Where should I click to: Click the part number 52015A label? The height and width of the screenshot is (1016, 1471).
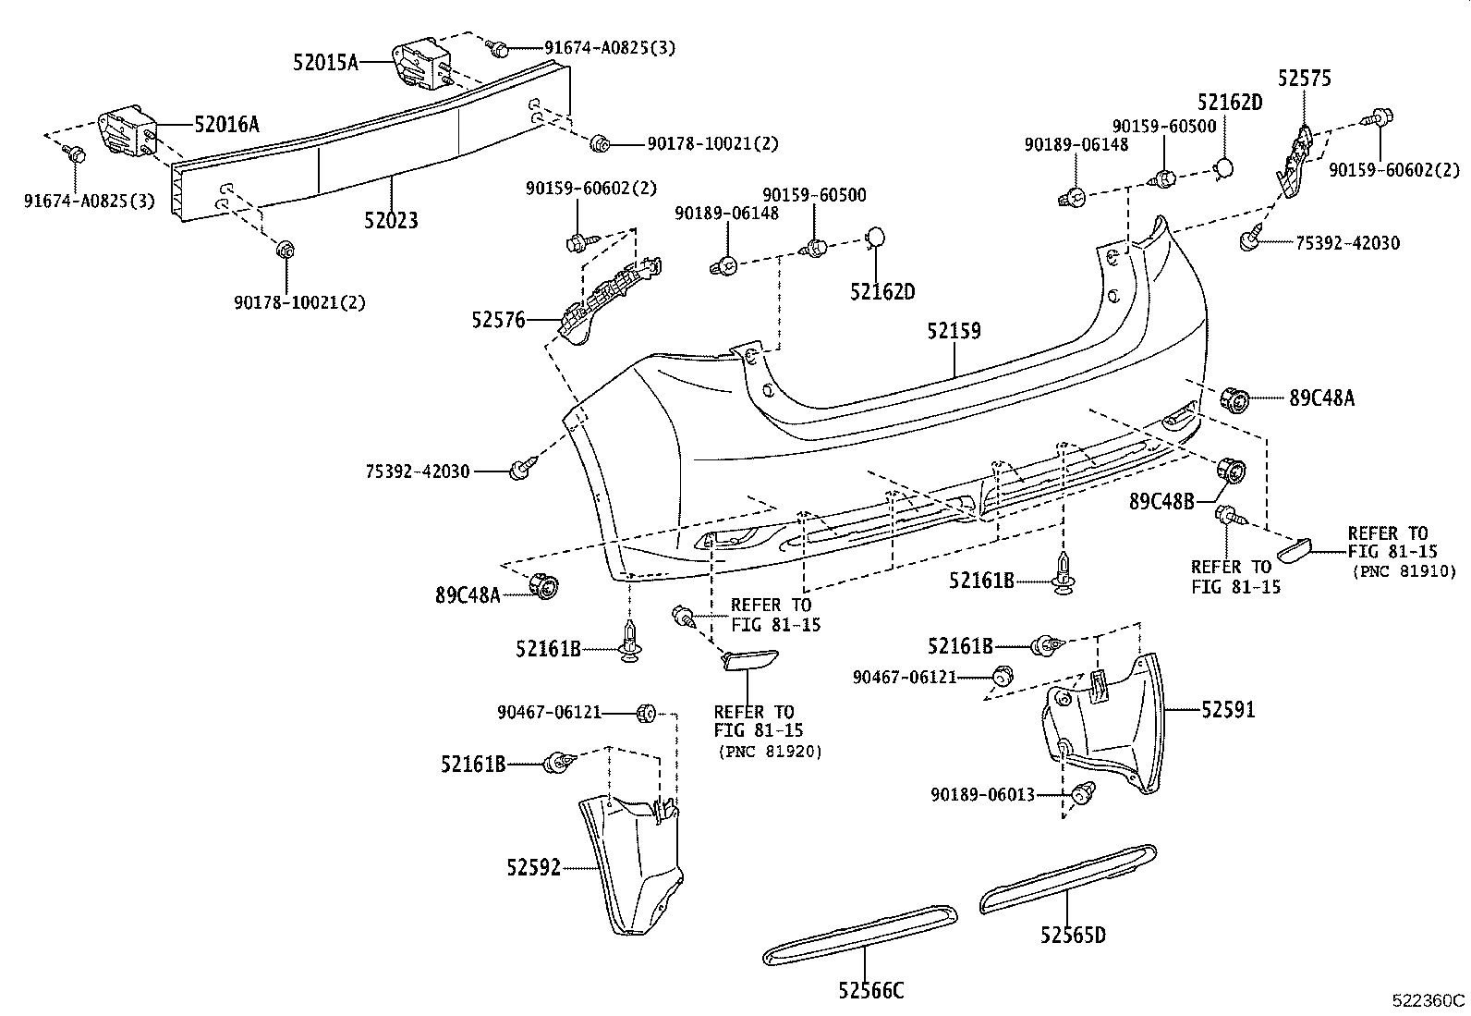coord(325,63)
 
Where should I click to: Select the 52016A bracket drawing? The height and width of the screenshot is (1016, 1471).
coord(128,135)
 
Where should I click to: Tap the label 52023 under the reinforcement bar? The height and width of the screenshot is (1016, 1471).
coord(390,220)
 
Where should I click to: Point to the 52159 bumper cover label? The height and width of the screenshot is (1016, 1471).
coord(954,331)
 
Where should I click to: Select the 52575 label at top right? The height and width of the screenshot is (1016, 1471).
coord(1305,79)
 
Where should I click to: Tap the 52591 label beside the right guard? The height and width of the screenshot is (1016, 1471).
coord(1229,710)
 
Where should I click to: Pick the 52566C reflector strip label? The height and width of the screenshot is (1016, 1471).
coord(871,991)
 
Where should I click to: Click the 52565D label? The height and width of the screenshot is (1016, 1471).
coord(1072,936)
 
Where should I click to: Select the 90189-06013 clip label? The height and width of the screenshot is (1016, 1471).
coord(982,794)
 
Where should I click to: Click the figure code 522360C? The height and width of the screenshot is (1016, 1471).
coord(1429,1000)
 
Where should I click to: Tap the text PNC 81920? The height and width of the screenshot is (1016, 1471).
coord(770,752)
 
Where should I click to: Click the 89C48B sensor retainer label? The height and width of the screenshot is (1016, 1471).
coord(1161,501)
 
